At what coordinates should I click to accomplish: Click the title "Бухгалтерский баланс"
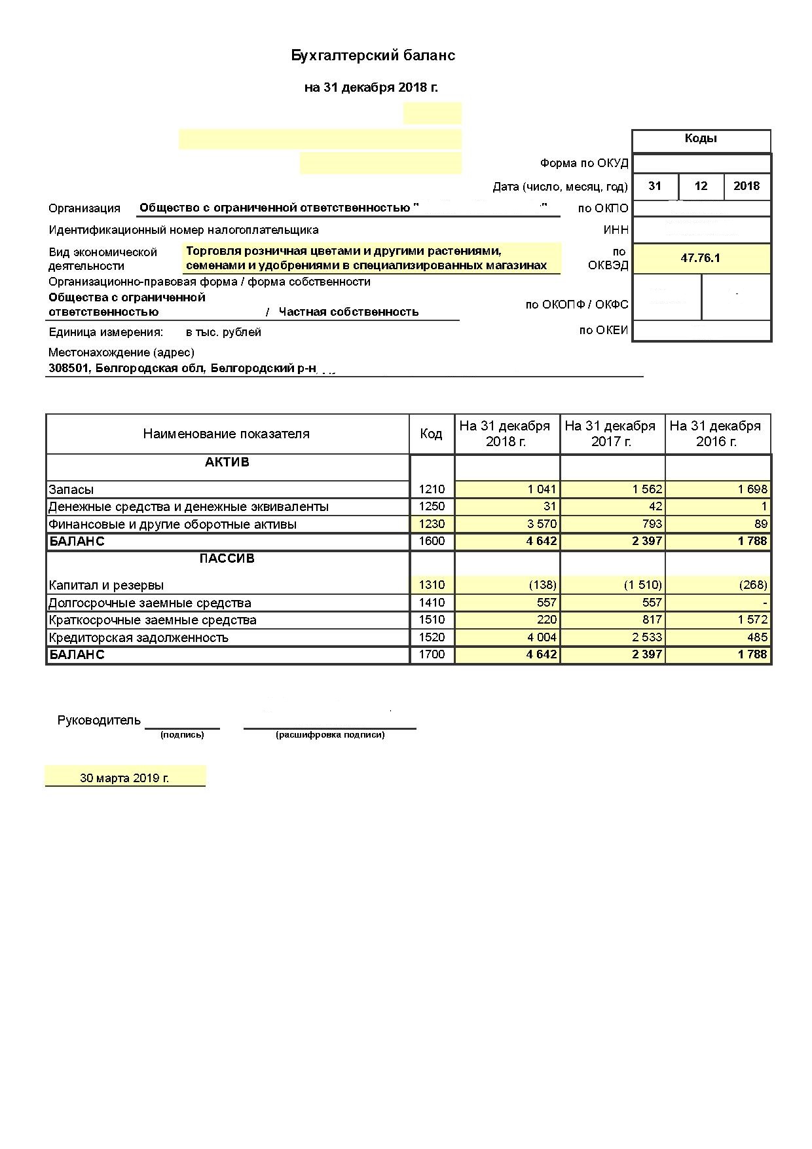click(x=373, y=56)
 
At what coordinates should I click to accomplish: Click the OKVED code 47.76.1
click(x=700, y=258)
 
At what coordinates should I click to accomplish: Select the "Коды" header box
click(x=701, y=139)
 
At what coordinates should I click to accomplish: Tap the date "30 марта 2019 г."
click(x=124, y=778)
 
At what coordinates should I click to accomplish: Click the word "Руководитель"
click(x=99, y=721)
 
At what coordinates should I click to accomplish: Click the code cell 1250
click(x=432, y=506)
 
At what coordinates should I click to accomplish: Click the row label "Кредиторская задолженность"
click(x=138, y=637)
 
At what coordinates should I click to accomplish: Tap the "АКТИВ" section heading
click(x=227, y=462)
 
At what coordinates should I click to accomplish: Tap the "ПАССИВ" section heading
click(x=227, y=559)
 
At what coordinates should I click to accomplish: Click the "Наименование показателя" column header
click(x=226, y=434)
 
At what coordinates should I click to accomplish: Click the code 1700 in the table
click(x=432, y=654)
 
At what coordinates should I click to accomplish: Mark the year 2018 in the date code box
click(x=747, y=186)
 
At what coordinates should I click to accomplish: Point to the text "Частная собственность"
click(x=348, y=312)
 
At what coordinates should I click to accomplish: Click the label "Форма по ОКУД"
click(x=584, y=163)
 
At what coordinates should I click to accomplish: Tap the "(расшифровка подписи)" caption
click(x=330, y=735)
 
